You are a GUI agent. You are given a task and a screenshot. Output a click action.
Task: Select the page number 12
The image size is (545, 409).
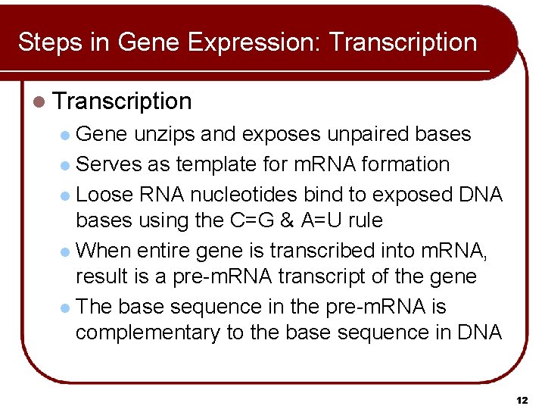(522, 399)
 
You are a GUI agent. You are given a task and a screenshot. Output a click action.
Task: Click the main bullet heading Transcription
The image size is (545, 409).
(123, 101)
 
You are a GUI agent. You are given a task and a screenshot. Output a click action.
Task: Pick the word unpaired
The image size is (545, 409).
(370, 134)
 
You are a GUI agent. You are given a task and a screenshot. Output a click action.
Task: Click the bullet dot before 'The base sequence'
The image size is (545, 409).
(65, 308)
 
